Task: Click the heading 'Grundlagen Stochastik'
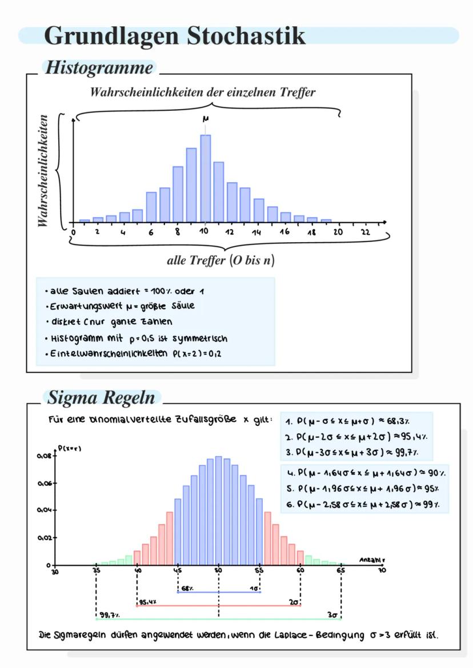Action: pos(174,35)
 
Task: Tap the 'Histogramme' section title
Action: pos(99,68)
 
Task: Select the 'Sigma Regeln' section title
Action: pos(101,397)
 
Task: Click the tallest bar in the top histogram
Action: pos(205,178)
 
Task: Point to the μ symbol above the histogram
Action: pos(205,119)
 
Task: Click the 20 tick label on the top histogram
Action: pos(338,233)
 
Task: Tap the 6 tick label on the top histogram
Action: pos(151,233)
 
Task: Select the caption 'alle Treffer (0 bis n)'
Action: pos(221,261)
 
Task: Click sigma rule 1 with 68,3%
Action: pos(354,421)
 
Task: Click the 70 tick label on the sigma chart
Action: pos(382,570)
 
